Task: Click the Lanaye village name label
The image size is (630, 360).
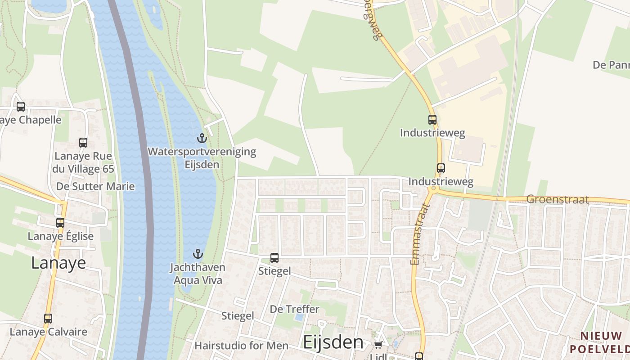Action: tap(58, 263)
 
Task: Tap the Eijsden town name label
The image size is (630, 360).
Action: tap(333, 342)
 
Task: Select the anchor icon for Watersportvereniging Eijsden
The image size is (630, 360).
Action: tap(202, 138)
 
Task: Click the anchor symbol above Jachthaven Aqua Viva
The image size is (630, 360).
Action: tap(198, 254)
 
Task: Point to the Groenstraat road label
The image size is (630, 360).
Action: tap(557, 199)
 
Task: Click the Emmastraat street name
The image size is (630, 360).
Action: tap(420, 234)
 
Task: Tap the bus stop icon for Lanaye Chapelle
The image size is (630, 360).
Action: tap(21, 107)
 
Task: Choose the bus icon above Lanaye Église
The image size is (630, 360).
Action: tap(60, 222)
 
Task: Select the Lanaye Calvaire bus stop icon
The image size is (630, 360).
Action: tap(48, 319)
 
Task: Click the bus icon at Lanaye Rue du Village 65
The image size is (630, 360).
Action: tap(83, 143)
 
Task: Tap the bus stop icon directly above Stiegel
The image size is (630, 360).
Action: tap(274, 258)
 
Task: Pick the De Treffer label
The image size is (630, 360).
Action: tap(294, 309)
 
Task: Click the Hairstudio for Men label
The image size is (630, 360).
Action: tap(241, 346)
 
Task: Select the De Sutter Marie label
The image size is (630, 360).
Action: tap(95, 186)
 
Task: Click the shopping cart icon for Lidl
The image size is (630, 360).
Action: tap(378, 345)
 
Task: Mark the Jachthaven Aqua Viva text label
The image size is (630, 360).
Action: tap(198, 274)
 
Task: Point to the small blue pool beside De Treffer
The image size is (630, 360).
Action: tap(299, 317)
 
